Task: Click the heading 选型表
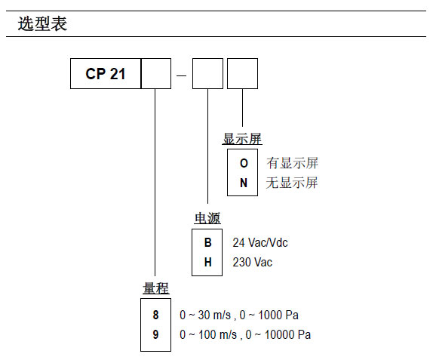tap(42, 24)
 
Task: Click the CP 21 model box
tap(105, 75)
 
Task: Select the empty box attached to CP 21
tap(155, 75)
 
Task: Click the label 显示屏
tap(242, 139)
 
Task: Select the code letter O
tap(243, 163)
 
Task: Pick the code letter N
tap(243, 183)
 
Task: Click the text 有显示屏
tap(292, 163)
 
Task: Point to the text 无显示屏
tap(292, 183)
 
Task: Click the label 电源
tap(207, 219)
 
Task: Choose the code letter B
tap(207, 243)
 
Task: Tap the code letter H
tap(207, 262)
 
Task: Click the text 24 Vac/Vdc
tap(259, 243)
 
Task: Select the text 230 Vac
tap(252, 262)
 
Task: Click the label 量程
tap(156, 289)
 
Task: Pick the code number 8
tap(156, 315)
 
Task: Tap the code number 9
tap(156, 334)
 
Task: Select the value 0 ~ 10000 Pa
tap(278, 334)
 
